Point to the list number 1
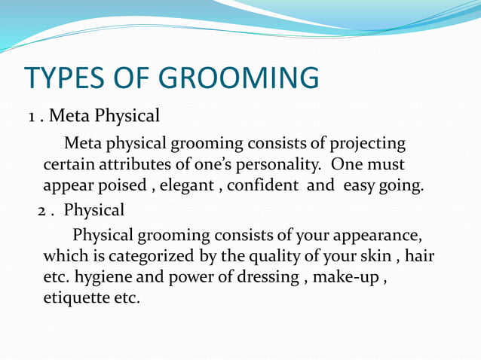click(32, 117)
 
